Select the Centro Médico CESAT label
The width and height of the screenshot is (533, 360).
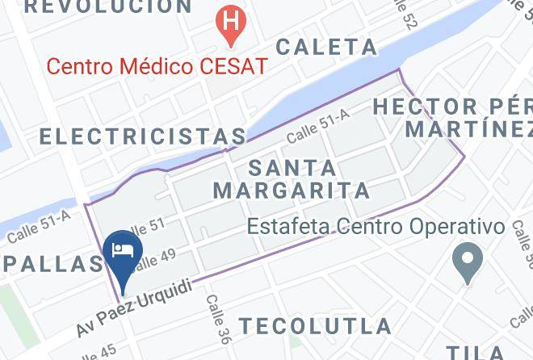coord(157,65)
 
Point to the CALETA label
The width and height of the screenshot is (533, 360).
coord(326,47)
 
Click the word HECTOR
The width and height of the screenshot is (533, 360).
coord(426,106)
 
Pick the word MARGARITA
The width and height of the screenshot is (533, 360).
coord(292,191)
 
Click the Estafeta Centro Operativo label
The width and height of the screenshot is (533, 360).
coord(376,227)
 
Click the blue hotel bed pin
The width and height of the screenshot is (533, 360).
coord(123,250)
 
